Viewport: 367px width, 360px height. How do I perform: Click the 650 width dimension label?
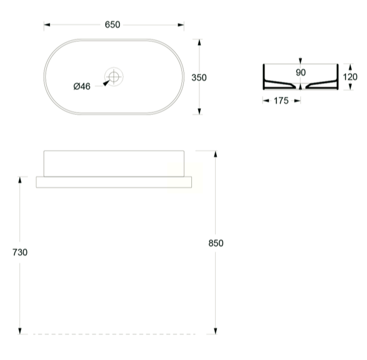click(113, 24)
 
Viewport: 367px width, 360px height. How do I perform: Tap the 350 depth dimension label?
click(199, 77)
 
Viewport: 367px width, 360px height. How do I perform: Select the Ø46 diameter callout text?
click(82, 86)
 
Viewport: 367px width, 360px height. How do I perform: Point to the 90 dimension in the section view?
click(301, 72)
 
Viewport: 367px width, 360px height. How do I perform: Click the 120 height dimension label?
click(350, 77)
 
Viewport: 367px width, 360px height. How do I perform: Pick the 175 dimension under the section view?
click(281, 101)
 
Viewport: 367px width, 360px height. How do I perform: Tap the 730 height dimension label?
click(20, 252)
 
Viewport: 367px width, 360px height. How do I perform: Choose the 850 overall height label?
click(216, 243)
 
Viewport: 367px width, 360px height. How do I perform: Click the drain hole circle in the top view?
click(114, 76)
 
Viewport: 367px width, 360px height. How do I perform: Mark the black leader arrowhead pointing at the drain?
click(106, 82)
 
